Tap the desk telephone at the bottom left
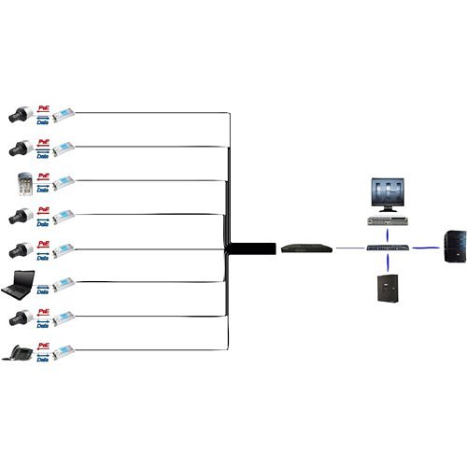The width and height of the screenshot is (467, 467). [x=21, y=352]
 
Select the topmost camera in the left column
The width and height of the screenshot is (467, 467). [x=20, y=114]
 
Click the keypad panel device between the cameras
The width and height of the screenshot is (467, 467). [x=21, y=181]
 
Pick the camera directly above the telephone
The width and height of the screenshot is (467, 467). [x=20, y=318]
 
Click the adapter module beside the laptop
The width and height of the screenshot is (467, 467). [x=63, y=284]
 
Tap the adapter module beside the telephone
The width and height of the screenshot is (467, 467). [x=63, y=352]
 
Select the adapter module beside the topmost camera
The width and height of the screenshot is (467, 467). [x=63, y=115]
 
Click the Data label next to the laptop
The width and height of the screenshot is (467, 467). [x=43, y=290]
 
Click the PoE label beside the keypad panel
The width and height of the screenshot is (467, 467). [x=43, y=175]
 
